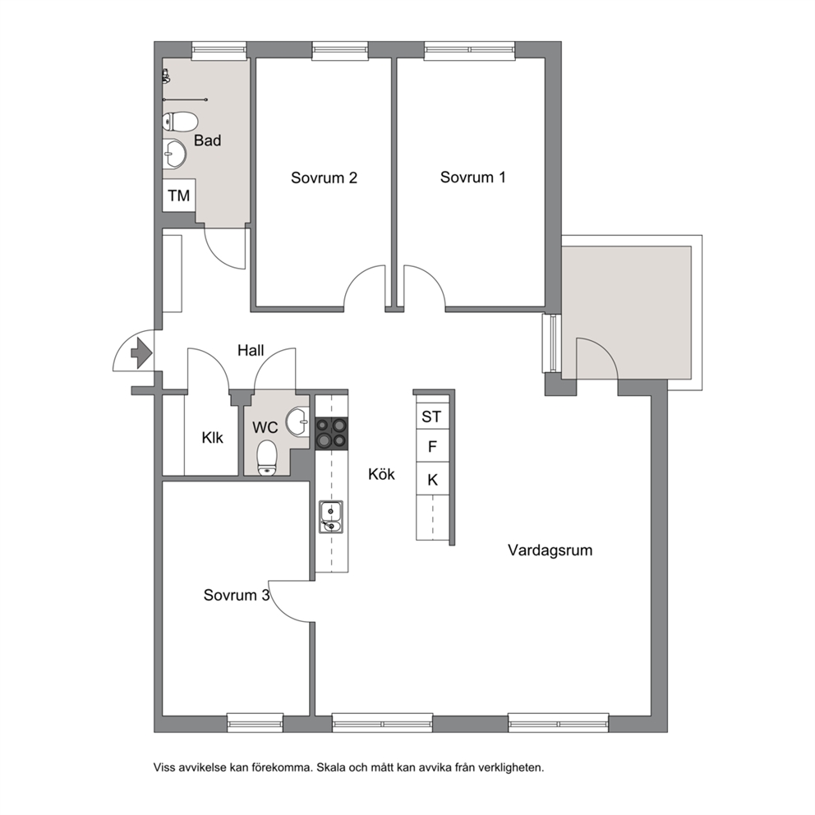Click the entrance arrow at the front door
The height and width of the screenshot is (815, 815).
(140, 353)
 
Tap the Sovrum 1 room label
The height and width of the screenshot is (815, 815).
(472, 177)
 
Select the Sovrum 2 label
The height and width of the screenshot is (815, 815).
(324, 177)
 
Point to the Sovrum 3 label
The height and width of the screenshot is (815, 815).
(237, 595)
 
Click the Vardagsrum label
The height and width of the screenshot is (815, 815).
(550, 550)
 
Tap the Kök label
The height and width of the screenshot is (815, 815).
(381, 474)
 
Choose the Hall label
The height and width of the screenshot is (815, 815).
(251, 350)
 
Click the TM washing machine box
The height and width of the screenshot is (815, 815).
(179, 196)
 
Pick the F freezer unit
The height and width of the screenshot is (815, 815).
(432, 446)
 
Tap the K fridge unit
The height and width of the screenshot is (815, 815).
(432, 479)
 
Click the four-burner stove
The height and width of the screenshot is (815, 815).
(332, 433)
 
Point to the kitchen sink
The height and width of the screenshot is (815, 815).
(331, 517)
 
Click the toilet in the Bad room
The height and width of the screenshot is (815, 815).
(180, 122)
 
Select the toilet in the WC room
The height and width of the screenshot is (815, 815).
(267, 458)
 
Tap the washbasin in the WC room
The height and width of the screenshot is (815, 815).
(298, 420)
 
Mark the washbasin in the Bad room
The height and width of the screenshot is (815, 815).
(175, 154)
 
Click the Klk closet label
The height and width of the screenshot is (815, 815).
(212, 438)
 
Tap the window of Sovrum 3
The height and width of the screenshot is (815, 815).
(256, 722)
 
